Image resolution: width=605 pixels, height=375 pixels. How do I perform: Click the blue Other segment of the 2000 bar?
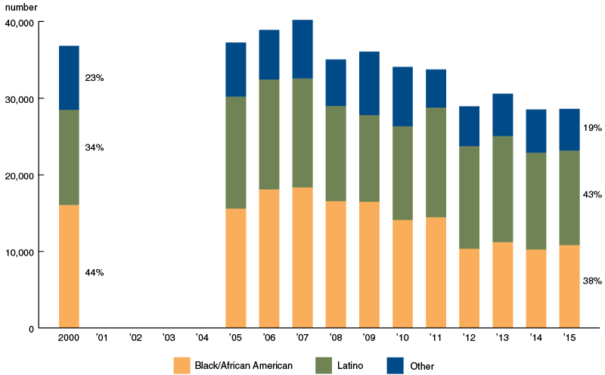[x=69, y=78]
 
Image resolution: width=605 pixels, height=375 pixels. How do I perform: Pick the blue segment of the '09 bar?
[x=369, y=83]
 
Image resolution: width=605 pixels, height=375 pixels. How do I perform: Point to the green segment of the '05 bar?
[x=236, y=153]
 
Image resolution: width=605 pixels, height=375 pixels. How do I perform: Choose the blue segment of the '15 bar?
[x=569, y=129]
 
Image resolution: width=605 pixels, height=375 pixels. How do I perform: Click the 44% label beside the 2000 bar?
[x=95, y=272]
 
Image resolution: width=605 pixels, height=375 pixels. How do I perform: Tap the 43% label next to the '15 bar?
[x=592, y=195]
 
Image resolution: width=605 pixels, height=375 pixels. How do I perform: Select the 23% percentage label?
[x=95, y=77]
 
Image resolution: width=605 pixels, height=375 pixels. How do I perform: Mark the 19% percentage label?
[x=592, y=128]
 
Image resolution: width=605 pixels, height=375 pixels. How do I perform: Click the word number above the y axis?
[x=21, y=7]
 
